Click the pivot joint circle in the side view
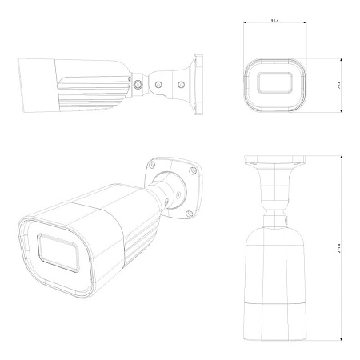[x=140, y=83]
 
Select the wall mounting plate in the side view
[x=195, y=82]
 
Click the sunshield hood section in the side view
[x=35, y=83]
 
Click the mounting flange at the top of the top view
[x=275, y=164]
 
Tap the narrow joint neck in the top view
[x=275, y=214]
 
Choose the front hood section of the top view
[x=275, y=321]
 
